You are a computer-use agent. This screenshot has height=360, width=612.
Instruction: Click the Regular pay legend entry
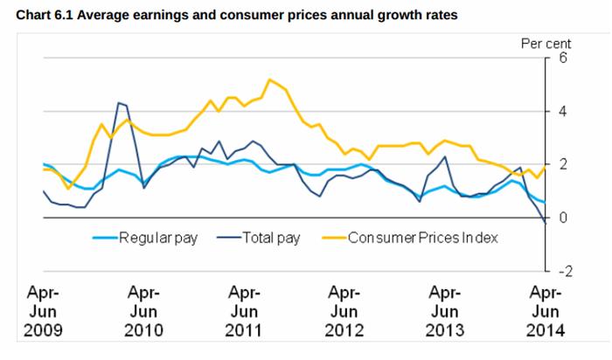pos(157,237)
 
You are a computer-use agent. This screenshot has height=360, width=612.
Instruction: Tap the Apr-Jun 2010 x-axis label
pos(143,310)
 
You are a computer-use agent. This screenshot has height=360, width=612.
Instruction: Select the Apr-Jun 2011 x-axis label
pos(244,310)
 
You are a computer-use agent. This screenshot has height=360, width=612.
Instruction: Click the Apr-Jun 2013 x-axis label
pos(446,310)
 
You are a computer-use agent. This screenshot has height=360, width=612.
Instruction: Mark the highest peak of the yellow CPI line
pos(269,80)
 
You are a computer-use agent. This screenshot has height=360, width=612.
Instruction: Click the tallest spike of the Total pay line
pos(119,103)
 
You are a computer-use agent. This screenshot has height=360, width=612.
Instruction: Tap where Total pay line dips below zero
pos(545,223)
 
